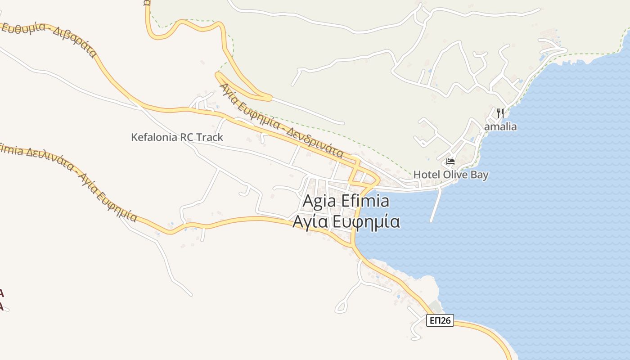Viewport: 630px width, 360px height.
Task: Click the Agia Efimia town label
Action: (x=346, y=201)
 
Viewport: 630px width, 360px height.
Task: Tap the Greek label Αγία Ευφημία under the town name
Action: (x=346, y=222)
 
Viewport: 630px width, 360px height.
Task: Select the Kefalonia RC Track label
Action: (x=177, y=137)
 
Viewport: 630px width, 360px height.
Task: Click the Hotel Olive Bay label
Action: (x=450, y=175)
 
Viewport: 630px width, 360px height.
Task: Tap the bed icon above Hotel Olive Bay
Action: (x=450, y=161)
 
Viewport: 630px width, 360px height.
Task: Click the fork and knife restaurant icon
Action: (x=500, y=113)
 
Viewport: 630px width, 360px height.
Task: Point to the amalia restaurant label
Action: (x=500, y=127)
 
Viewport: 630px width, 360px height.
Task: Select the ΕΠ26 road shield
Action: (x=440, y=320)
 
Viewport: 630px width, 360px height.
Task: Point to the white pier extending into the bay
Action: (x=435, y=205)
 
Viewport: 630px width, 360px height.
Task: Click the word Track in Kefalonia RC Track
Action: (x=208, y=137)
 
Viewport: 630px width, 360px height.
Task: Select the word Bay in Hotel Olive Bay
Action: (x=479, y=175)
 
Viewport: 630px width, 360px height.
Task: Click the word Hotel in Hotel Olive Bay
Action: (x=426, y=175)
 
